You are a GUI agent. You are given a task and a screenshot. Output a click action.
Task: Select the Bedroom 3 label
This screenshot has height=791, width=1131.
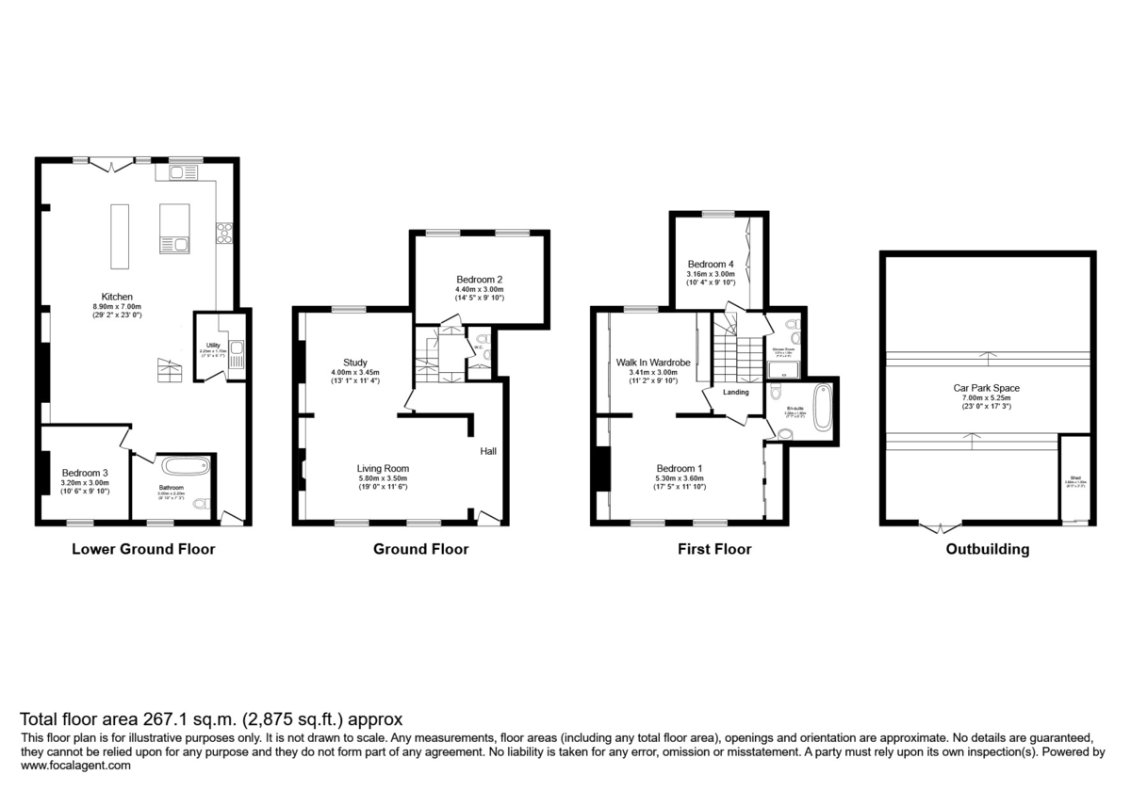click(x=86, y=473)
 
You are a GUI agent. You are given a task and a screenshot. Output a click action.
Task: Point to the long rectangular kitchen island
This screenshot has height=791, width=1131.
click(x=120, y=235)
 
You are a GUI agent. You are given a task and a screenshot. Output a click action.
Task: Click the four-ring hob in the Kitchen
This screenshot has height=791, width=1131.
click(x=225, y=233)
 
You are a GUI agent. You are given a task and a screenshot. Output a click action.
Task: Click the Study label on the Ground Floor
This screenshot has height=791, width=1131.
click(x=341, y=363)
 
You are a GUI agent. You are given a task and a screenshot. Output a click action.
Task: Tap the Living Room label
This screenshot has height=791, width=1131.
click(x=383, y=468)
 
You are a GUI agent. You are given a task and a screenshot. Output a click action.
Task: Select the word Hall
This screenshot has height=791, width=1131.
click(x=488, y=452)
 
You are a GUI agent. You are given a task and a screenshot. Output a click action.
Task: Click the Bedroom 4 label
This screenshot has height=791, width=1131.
click(x=711, y=264)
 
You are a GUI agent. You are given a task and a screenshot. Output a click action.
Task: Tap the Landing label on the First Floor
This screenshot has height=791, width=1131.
click(x=736, y=392)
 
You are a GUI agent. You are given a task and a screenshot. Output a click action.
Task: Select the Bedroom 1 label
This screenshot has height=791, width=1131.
click(x=679, y=468)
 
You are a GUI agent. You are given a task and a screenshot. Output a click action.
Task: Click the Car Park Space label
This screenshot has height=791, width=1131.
click(x=986, y=387)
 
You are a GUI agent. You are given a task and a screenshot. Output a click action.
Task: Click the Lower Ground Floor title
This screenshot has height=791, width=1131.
click(x=143, y=549)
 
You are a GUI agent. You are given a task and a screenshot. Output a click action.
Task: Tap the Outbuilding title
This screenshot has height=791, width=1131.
click(x=987, y=549)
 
